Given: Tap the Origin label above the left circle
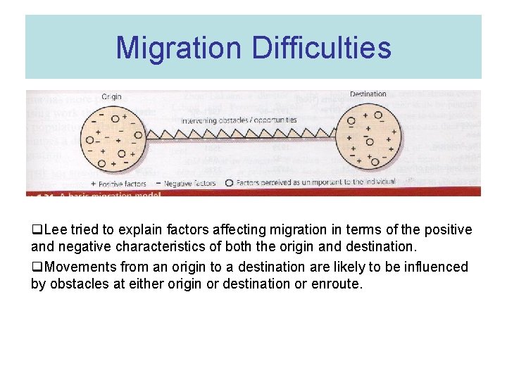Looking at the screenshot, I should [x=111, y=96].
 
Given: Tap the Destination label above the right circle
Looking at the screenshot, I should [x=368, y=94].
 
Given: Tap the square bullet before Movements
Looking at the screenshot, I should [x=35, y=267].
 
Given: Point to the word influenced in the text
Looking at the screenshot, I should [x=435, y=267].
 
